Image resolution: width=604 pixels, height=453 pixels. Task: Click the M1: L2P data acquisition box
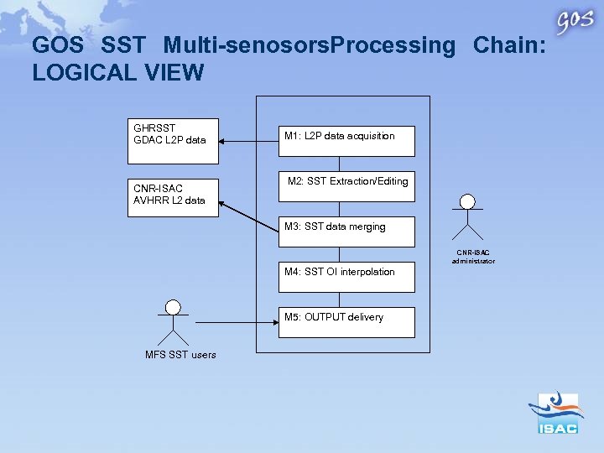click(346, 141)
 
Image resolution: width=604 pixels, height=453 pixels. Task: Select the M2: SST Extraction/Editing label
click(347, 181)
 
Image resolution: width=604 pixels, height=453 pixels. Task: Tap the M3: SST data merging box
click(346, 232)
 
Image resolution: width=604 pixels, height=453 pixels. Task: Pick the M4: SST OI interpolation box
click(346, 277)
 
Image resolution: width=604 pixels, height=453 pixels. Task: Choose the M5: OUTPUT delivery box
click(346, 322)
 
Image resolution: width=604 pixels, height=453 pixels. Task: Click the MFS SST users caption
click(180, 355)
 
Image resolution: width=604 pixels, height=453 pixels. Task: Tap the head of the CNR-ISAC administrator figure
click(467, 201)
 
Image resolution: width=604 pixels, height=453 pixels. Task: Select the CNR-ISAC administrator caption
click(476, 257)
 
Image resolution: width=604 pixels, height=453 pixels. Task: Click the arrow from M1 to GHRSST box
click(248, 141)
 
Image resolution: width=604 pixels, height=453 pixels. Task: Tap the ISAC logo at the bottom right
click(557, 413)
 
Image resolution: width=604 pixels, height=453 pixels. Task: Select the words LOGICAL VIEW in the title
click(117, 73)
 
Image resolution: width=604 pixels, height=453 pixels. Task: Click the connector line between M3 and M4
click(339, 254)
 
